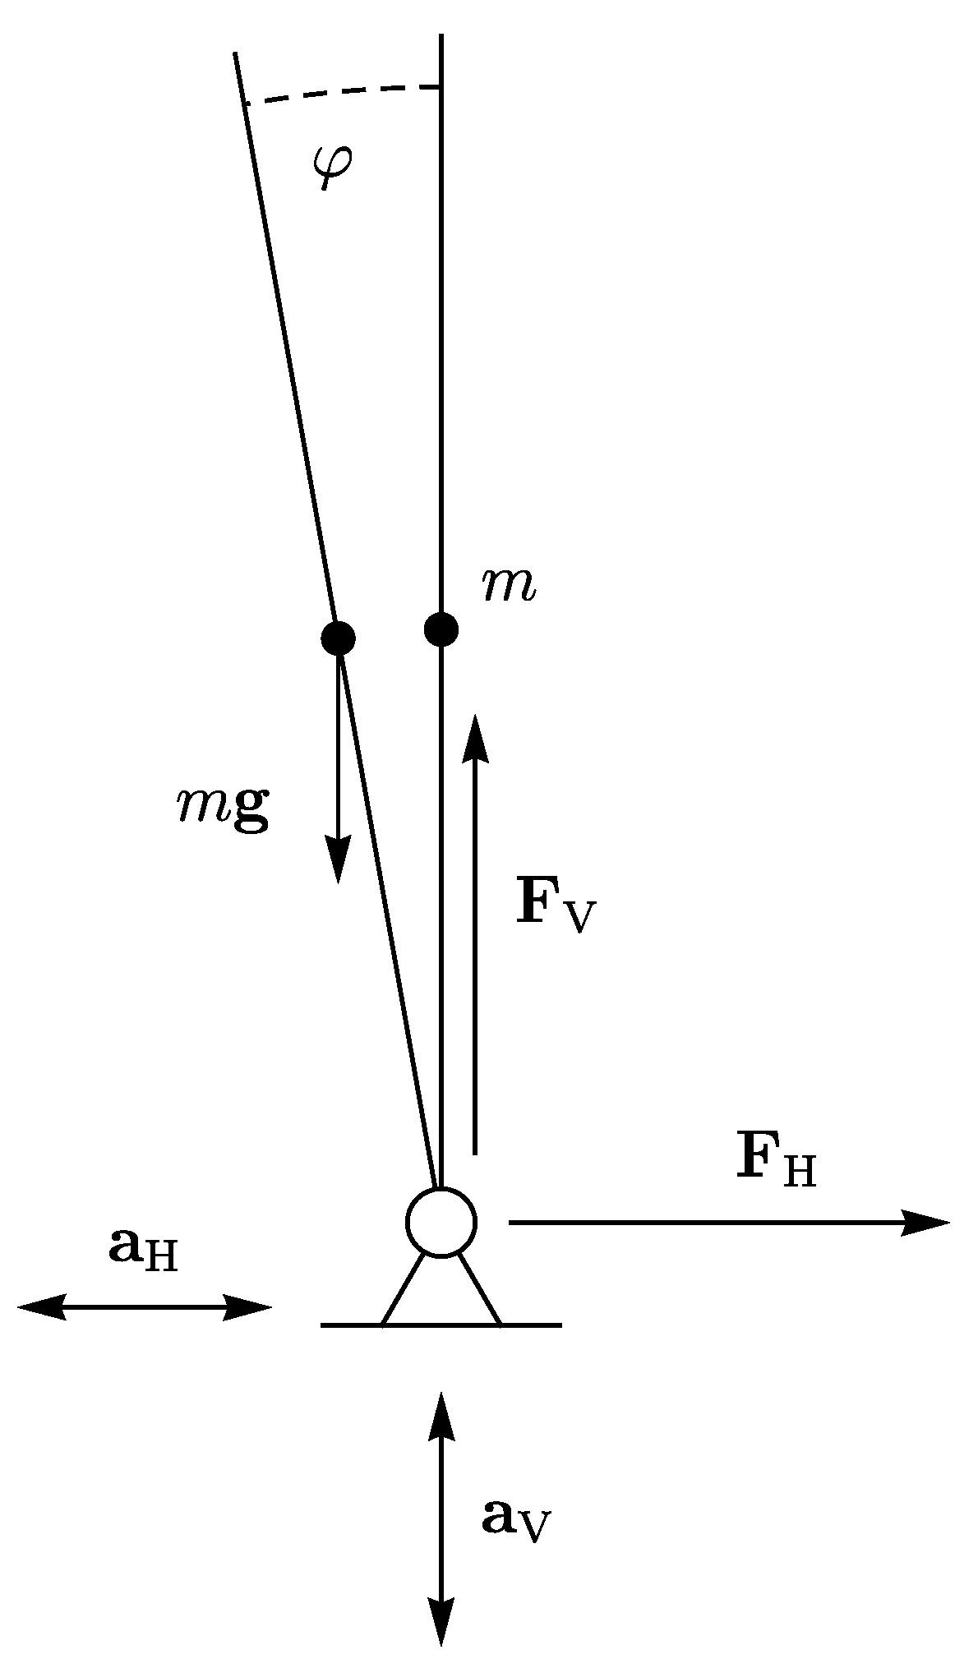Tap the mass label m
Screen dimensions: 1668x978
(510, 587)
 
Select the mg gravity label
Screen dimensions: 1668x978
(224, 809)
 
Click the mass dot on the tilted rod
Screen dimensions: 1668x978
(338, 638)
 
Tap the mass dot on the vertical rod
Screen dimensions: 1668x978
(441, 629)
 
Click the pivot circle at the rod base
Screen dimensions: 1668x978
(441, 1222)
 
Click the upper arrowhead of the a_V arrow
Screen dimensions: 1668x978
(441, 1413)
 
